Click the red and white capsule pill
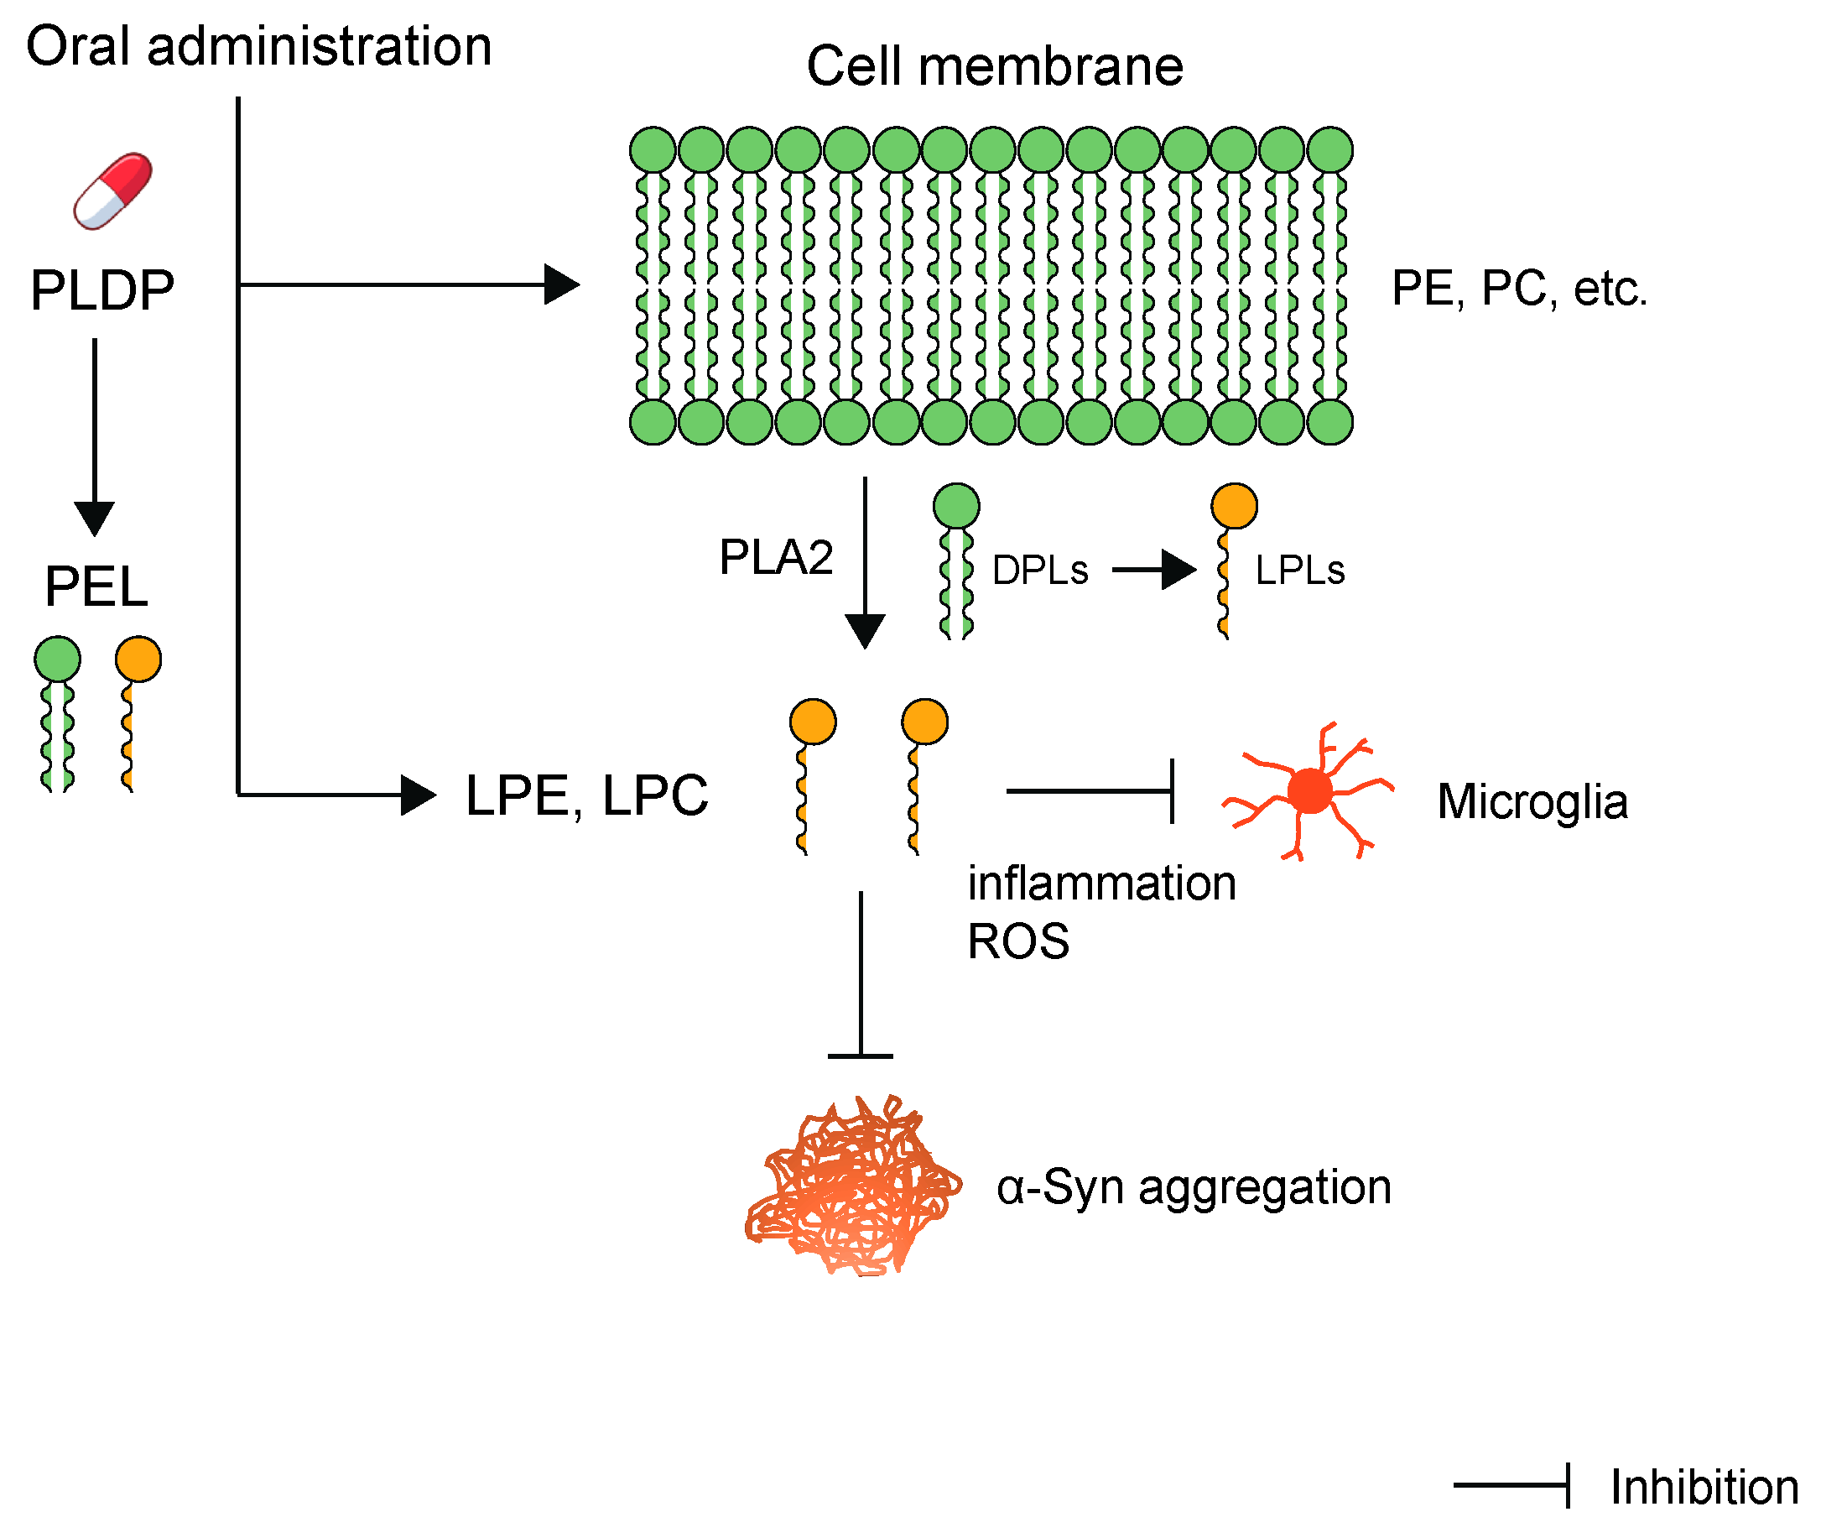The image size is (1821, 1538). pyautogui.click(x=112, y=191)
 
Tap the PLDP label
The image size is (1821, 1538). pyautogui.click(x=102, y=290)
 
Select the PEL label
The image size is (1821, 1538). pyautogui.click(x=96, y=587)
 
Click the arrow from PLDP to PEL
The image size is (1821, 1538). pyautogui.click(x=95, y=436)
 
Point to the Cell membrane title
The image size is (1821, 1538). pyautogui.click(x=994, y=66)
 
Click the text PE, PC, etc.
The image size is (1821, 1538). pyautogui.click(x=1517, y=289)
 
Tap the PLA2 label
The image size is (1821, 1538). pyautogui.click(x=775, y=557)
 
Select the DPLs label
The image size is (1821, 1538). pyautogui.click(x=1039, y=571)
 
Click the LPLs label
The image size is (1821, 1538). pyautogui.click(x=1298, y=571)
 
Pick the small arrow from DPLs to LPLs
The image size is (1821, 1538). pyautogui.click(x=1152, y=571)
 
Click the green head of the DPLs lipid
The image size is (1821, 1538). pyautogui.click(x=955, y=507)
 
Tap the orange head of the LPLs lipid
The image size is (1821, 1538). pyautogui.click(x=1234, y=507)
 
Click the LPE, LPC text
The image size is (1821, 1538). pyautogui.click(x=586, y=796)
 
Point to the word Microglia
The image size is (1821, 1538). pyautogui.click(x=1532, y=802)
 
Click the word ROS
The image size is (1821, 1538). pyautogui.click(x=1017, y=941)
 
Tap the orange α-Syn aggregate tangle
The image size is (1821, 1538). pyautogui.click(x=854, y=1186)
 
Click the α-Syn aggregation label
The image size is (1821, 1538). pyautogui.click(x=1193, y=1187)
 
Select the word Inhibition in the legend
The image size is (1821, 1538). pyautogui.click(x=1704, y=1488)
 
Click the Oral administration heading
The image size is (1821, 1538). pyautogui.click(x=259, y=46)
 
